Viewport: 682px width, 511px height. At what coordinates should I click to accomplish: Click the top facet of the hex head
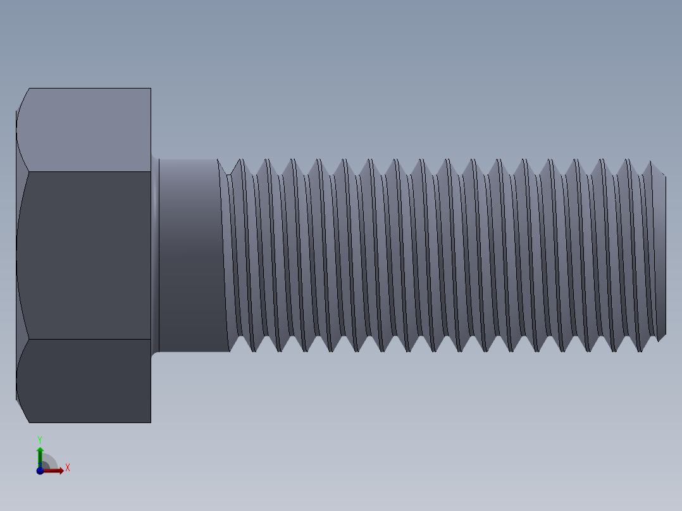(89, 130)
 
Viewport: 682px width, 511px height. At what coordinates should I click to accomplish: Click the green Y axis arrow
(40, 453)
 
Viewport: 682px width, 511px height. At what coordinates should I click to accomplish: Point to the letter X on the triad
(67, 468)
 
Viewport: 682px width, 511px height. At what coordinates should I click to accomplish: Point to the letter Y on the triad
(40, 439)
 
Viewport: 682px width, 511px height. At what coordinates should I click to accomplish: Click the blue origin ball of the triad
(40, 471)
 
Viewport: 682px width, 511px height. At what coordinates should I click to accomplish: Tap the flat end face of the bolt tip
(662, 255)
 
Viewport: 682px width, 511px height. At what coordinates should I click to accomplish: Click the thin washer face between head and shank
(155, 255)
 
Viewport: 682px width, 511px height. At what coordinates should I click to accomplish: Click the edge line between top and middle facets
(89, 171)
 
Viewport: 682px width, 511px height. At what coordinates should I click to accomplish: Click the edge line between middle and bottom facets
(89, 339)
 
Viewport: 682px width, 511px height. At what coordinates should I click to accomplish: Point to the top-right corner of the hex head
(151, 89)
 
